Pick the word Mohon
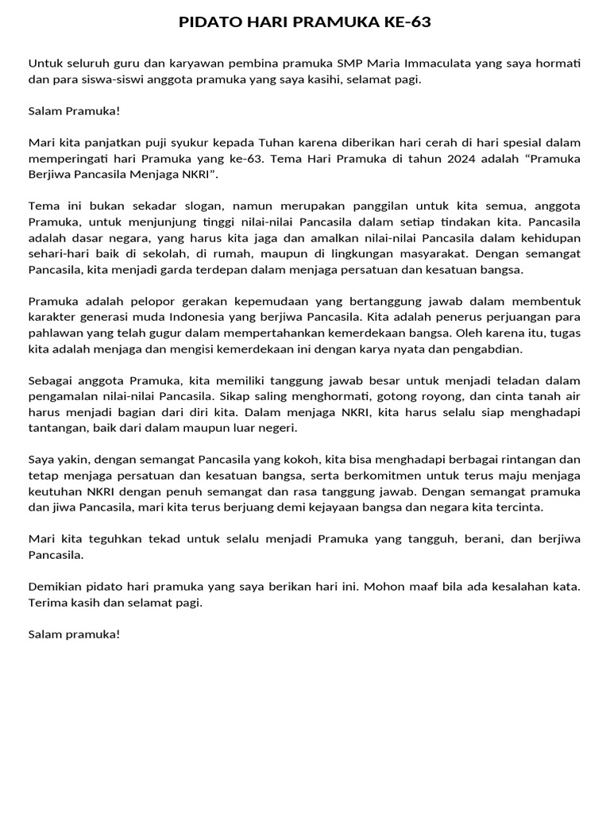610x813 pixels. tap(406, 587)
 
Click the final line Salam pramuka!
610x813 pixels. tap(74, 634)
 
